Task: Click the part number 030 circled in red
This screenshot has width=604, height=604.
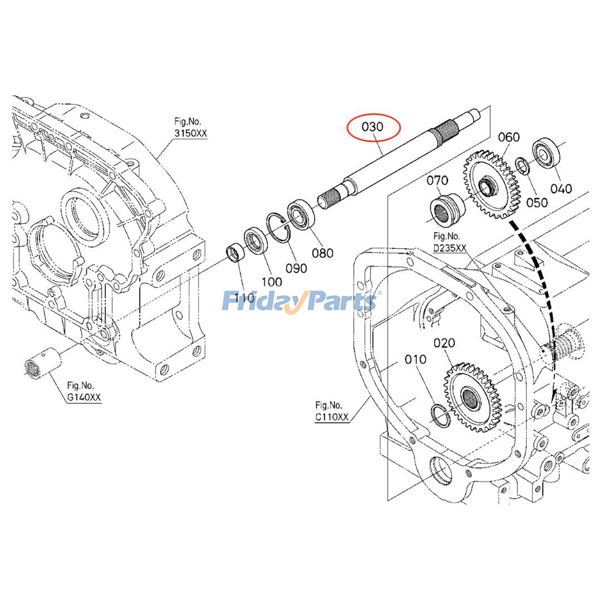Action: (372, 127)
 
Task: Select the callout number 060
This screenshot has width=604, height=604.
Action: (508, 137)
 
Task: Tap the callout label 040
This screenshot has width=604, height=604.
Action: (561, 188)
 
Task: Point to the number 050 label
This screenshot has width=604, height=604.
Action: (537, 203)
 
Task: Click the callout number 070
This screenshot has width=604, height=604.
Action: (437, 180)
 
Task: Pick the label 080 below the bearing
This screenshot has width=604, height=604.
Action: (322, 253)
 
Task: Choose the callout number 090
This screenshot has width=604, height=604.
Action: (296, 268)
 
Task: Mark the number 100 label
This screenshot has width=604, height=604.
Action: (272, 282)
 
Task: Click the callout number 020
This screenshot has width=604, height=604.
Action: (444, 343)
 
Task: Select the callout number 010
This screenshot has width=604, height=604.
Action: (415, 359)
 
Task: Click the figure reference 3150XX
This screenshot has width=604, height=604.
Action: (191, 133)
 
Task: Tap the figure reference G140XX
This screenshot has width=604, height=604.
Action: (84, 398)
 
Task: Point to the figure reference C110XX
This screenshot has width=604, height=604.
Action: (332, 417)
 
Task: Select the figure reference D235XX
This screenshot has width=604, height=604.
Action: (450, 248)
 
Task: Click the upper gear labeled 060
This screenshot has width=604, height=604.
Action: (491, 185)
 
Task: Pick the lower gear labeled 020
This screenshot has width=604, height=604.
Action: (472, 398)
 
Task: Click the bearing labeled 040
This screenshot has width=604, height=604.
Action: (546, 153)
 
